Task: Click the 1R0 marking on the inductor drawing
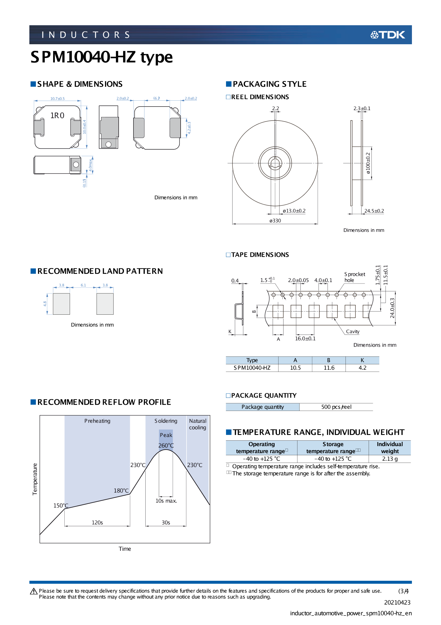[x=57, y=115]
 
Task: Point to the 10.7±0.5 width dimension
[x=57, y=99]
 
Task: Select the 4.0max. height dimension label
[x=90, y=165]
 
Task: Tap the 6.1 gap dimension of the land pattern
[x=83, y=285]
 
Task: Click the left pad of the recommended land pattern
[x=61, y=304]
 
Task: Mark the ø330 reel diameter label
[x=275, y=221]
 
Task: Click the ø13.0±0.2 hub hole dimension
[x=294, y=211]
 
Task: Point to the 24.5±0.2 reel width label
[x=374, y=211]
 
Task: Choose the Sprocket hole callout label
[x=354, y=277]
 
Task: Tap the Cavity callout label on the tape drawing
[x=353, y=331]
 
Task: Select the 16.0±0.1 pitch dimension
[x=305, y=338]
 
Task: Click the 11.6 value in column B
[x=329, y=368]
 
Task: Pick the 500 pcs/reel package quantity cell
[x=336, y=407]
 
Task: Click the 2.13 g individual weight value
[x=390, y=458]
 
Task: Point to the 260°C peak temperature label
[x=166, y=445]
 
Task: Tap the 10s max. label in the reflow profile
[x=166, y=501]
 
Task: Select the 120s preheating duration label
[x=97, y=522]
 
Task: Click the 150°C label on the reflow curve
[x=61, y=505]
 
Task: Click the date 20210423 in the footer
[x=397, y=602]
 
